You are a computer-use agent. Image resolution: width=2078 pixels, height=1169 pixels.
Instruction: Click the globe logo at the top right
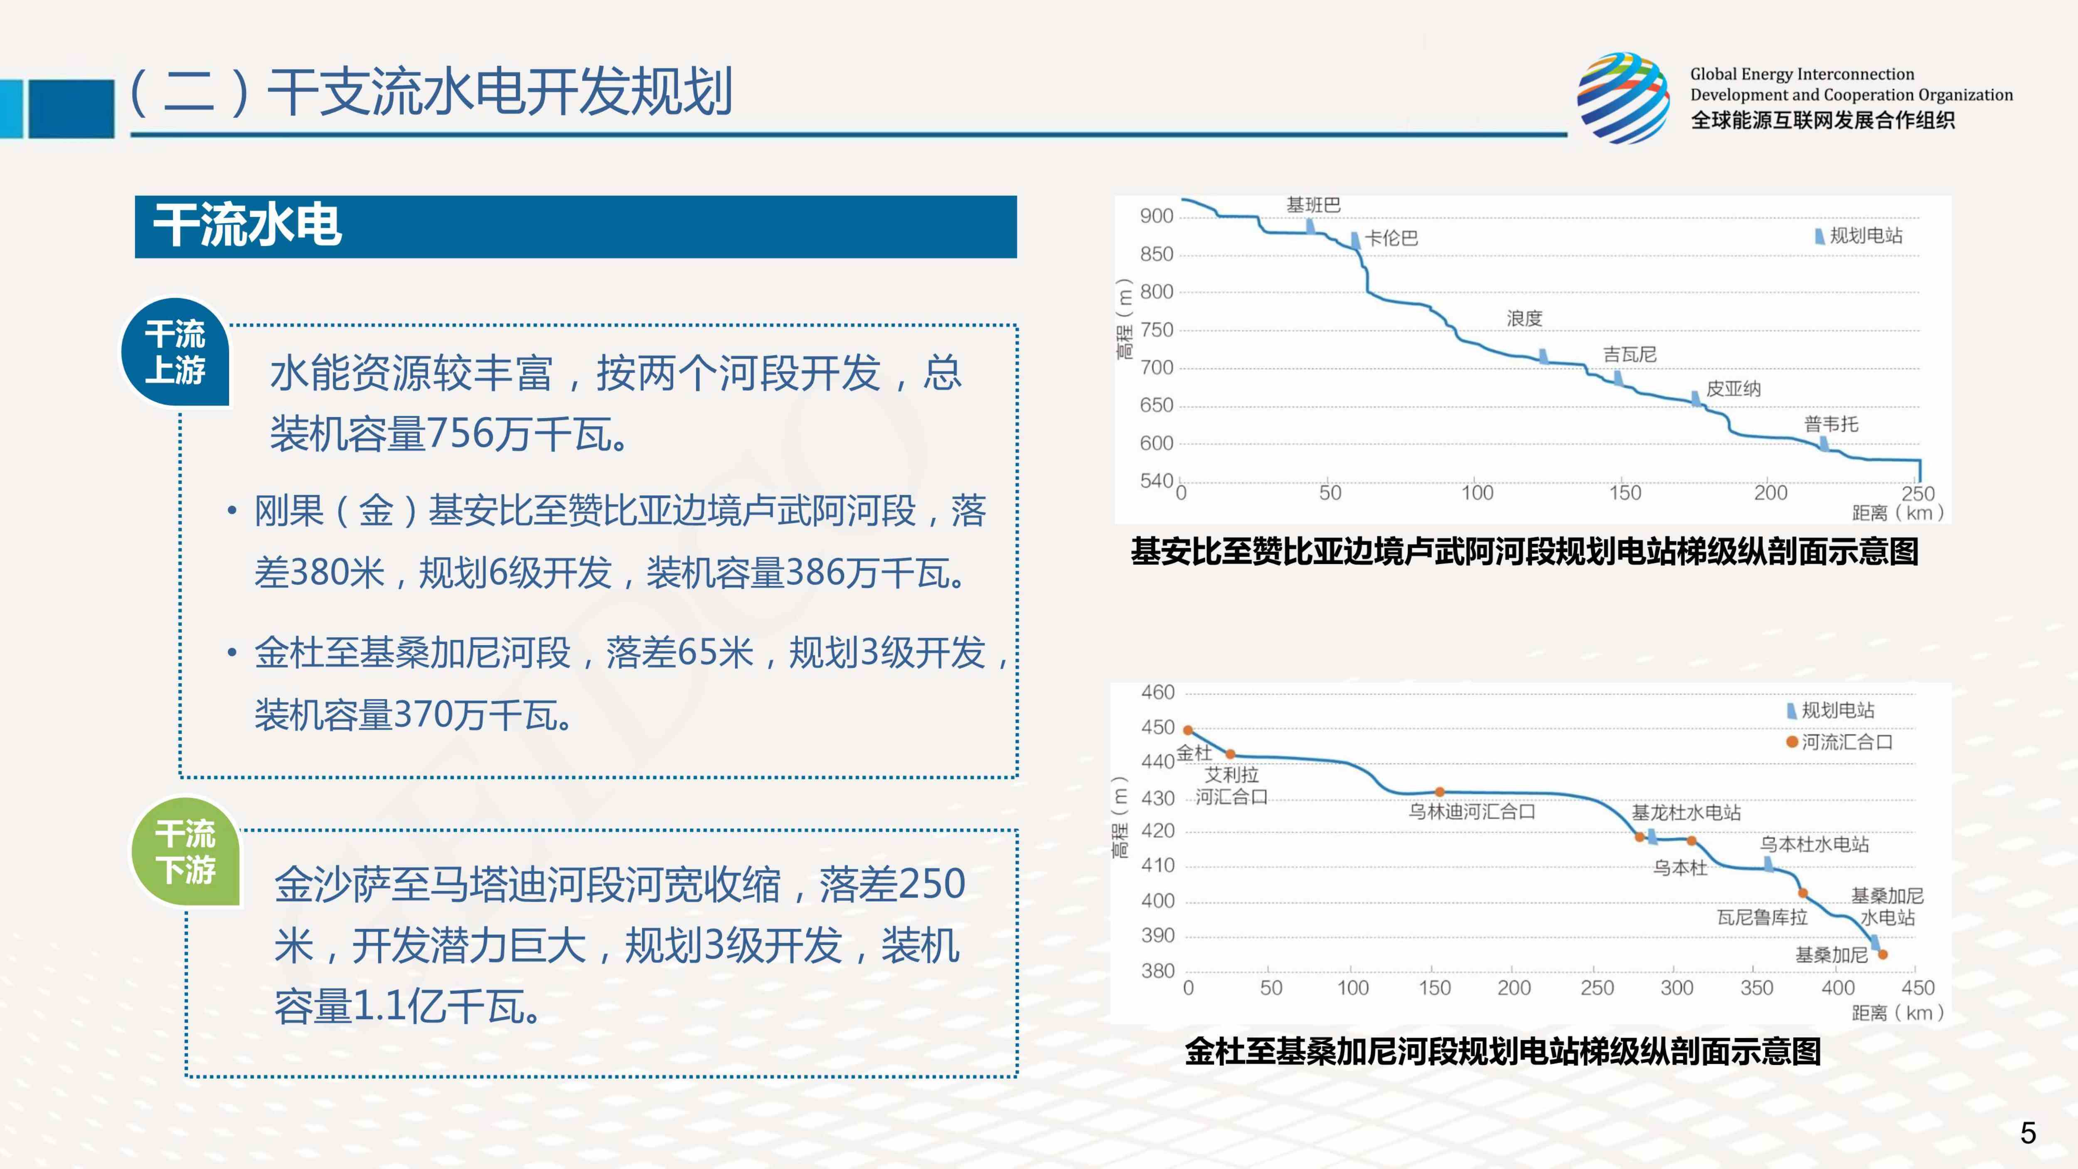1623,99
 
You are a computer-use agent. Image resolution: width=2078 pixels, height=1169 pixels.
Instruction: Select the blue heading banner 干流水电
575,227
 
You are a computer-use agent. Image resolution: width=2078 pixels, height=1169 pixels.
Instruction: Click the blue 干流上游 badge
175,353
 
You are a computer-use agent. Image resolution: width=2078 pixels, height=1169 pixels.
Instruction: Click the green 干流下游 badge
185,852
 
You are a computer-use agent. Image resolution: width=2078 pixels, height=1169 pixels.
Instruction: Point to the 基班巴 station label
1312,205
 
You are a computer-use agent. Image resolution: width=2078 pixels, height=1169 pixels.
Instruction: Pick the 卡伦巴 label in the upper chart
1391,238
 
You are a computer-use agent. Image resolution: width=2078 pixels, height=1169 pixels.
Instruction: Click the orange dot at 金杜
1187,730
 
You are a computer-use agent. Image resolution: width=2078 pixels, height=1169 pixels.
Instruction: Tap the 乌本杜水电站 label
1813,844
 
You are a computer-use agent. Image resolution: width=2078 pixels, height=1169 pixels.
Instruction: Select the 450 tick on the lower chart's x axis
1918,987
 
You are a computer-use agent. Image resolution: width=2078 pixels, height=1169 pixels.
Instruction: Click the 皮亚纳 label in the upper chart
1733,389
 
